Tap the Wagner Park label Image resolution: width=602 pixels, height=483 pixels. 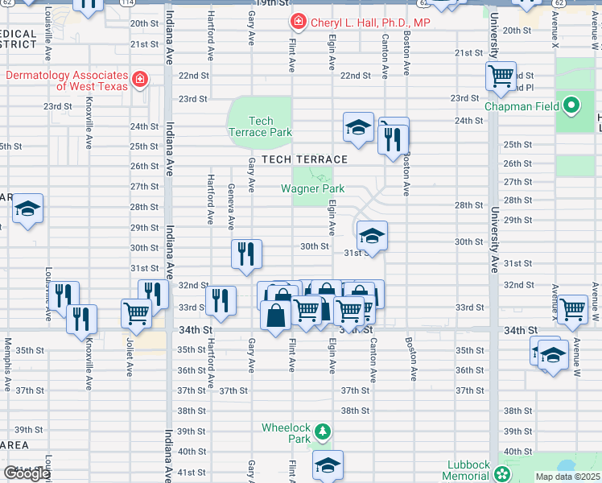click(x=312, y=189)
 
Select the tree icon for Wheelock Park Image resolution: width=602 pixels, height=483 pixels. click(x=322, y=432)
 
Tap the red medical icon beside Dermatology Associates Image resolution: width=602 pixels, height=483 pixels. click(x=140, y=79)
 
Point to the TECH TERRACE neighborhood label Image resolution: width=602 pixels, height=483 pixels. click(x=303, y=159)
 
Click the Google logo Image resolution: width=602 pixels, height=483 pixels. click(x=27, y=473)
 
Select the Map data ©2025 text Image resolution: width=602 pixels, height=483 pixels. click(x=567, y=477)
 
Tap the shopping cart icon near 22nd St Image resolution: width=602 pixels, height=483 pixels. click(x=501, y=76)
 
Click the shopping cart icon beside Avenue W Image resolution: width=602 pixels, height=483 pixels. click(x=572, y=308)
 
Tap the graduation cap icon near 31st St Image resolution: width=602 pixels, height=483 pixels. click(x=372, y=235)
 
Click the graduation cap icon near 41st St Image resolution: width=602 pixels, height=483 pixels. click(x=328, y=464)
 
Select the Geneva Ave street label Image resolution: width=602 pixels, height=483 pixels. click(x=231, y=211)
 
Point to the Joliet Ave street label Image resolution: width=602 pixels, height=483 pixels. click(x=129, y=358)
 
